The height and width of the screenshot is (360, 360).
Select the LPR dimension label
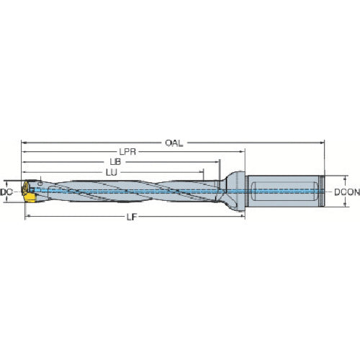coord(129,153)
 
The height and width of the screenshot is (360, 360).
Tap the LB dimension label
coord(114,162)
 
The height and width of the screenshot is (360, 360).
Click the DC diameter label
coord(6,192)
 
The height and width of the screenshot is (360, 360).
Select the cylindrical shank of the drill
coord(284,192)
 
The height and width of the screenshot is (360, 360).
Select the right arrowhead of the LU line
coord(204,173)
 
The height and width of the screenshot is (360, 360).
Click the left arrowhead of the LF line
coord(29,215)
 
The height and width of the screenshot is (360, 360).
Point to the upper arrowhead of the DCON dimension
coord(330,179)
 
